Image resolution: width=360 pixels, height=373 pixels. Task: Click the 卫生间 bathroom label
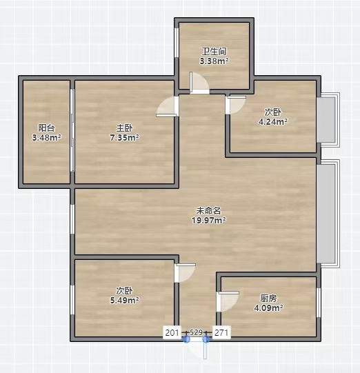tap(214, 51)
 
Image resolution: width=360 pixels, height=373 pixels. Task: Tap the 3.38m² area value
tap(214, 61)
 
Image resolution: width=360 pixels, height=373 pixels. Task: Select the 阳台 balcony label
tap(46, 128)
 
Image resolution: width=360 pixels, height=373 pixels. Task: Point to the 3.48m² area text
tap(47, 137)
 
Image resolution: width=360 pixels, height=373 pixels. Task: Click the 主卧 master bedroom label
tap(124, 128)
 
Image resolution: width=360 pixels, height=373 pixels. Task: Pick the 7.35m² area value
tap(124, 137)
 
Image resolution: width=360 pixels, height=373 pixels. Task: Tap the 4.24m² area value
tap(273, 121)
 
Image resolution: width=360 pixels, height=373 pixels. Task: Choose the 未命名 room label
tap(209, 210)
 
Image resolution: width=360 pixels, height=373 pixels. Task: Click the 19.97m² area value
tap(209, 220)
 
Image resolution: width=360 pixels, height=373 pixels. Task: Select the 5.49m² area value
tap(124, 300)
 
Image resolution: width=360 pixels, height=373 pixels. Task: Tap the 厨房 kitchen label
tap(268, 298)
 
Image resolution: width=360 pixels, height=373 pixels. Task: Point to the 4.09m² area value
tap(268, 308)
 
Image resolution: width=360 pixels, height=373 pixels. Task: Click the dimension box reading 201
tap(172, 332)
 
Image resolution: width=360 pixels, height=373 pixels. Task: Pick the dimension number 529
tap(197, 332)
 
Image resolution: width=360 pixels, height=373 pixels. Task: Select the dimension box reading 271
tap(221, 332)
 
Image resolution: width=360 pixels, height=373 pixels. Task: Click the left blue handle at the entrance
tap(186, 340)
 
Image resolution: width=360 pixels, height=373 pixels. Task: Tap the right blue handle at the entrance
tap(206, 340)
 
